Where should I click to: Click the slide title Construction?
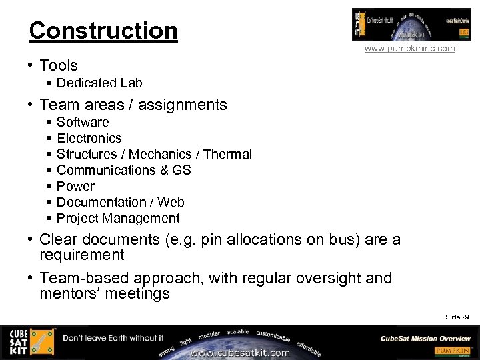tap(103, 31)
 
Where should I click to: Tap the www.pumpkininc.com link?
tap(409, 49)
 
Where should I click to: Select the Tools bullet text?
tap(59, 65)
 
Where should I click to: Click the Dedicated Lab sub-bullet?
tap(99, 83)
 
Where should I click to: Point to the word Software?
tap(83, 122)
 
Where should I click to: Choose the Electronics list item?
tap(89, 138)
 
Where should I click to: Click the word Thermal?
tap(227, 154)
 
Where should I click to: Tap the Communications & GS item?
tap(124, 170)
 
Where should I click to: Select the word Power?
tap(75, 186)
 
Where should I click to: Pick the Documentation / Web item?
tap(121, 202)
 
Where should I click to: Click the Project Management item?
tap(118, 218)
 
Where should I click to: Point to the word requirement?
tap(82, 255)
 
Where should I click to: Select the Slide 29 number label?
tap(457, 317)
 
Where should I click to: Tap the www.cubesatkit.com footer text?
tap(240, 353)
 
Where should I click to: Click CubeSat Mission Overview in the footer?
tap(425, 338)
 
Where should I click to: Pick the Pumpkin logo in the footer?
tap(453, 351)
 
